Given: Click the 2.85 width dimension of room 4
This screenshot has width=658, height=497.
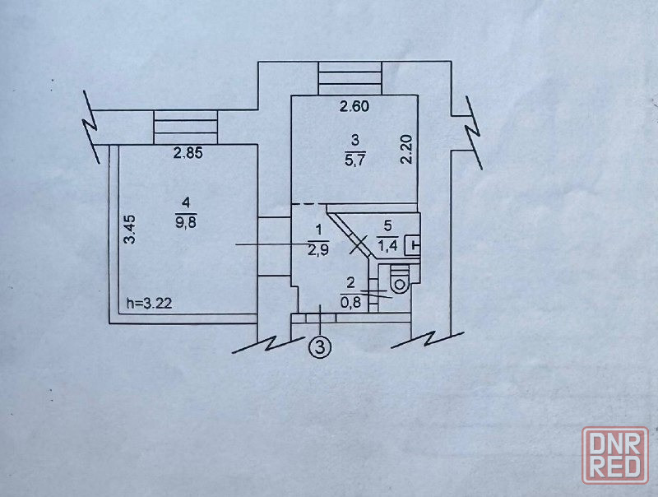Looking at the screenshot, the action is [188, 153].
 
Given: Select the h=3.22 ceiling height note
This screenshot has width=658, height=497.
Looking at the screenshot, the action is [150, 303].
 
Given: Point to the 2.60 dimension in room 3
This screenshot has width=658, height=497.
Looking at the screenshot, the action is [354, 106].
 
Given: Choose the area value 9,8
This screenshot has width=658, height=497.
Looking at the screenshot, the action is [187, 222].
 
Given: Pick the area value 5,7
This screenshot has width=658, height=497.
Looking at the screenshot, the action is [355, 160].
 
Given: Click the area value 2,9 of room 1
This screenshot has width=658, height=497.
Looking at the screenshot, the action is [318, 250].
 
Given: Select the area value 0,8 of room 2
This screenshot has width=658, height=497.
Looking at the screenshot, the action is [351, 303].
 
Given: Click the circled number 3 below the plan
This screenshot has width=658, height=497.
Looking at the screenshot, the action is [320, 347].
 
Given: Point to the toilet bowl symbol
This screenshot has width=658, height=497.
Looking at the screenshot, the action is [400, 282].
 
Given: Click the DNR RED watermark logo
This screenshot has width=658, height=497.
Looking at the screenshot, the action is [615, 454].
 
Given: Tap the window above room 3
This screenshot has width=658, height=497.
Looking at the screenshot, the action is [350, 78].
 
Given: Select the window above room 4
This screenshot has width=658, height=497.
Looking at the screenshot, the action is [186, 128].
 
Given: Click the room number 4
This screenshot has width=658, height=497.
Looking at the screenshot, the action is [187, 203].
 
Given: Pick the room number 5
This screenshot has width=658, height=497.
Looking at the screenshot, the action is [387, 226].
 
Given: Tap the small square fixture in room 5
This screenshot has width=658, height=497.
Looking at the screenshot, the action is [413, 245].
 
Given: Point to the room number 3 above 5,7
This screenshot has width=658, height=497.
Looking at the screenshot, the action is [355, 140].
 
